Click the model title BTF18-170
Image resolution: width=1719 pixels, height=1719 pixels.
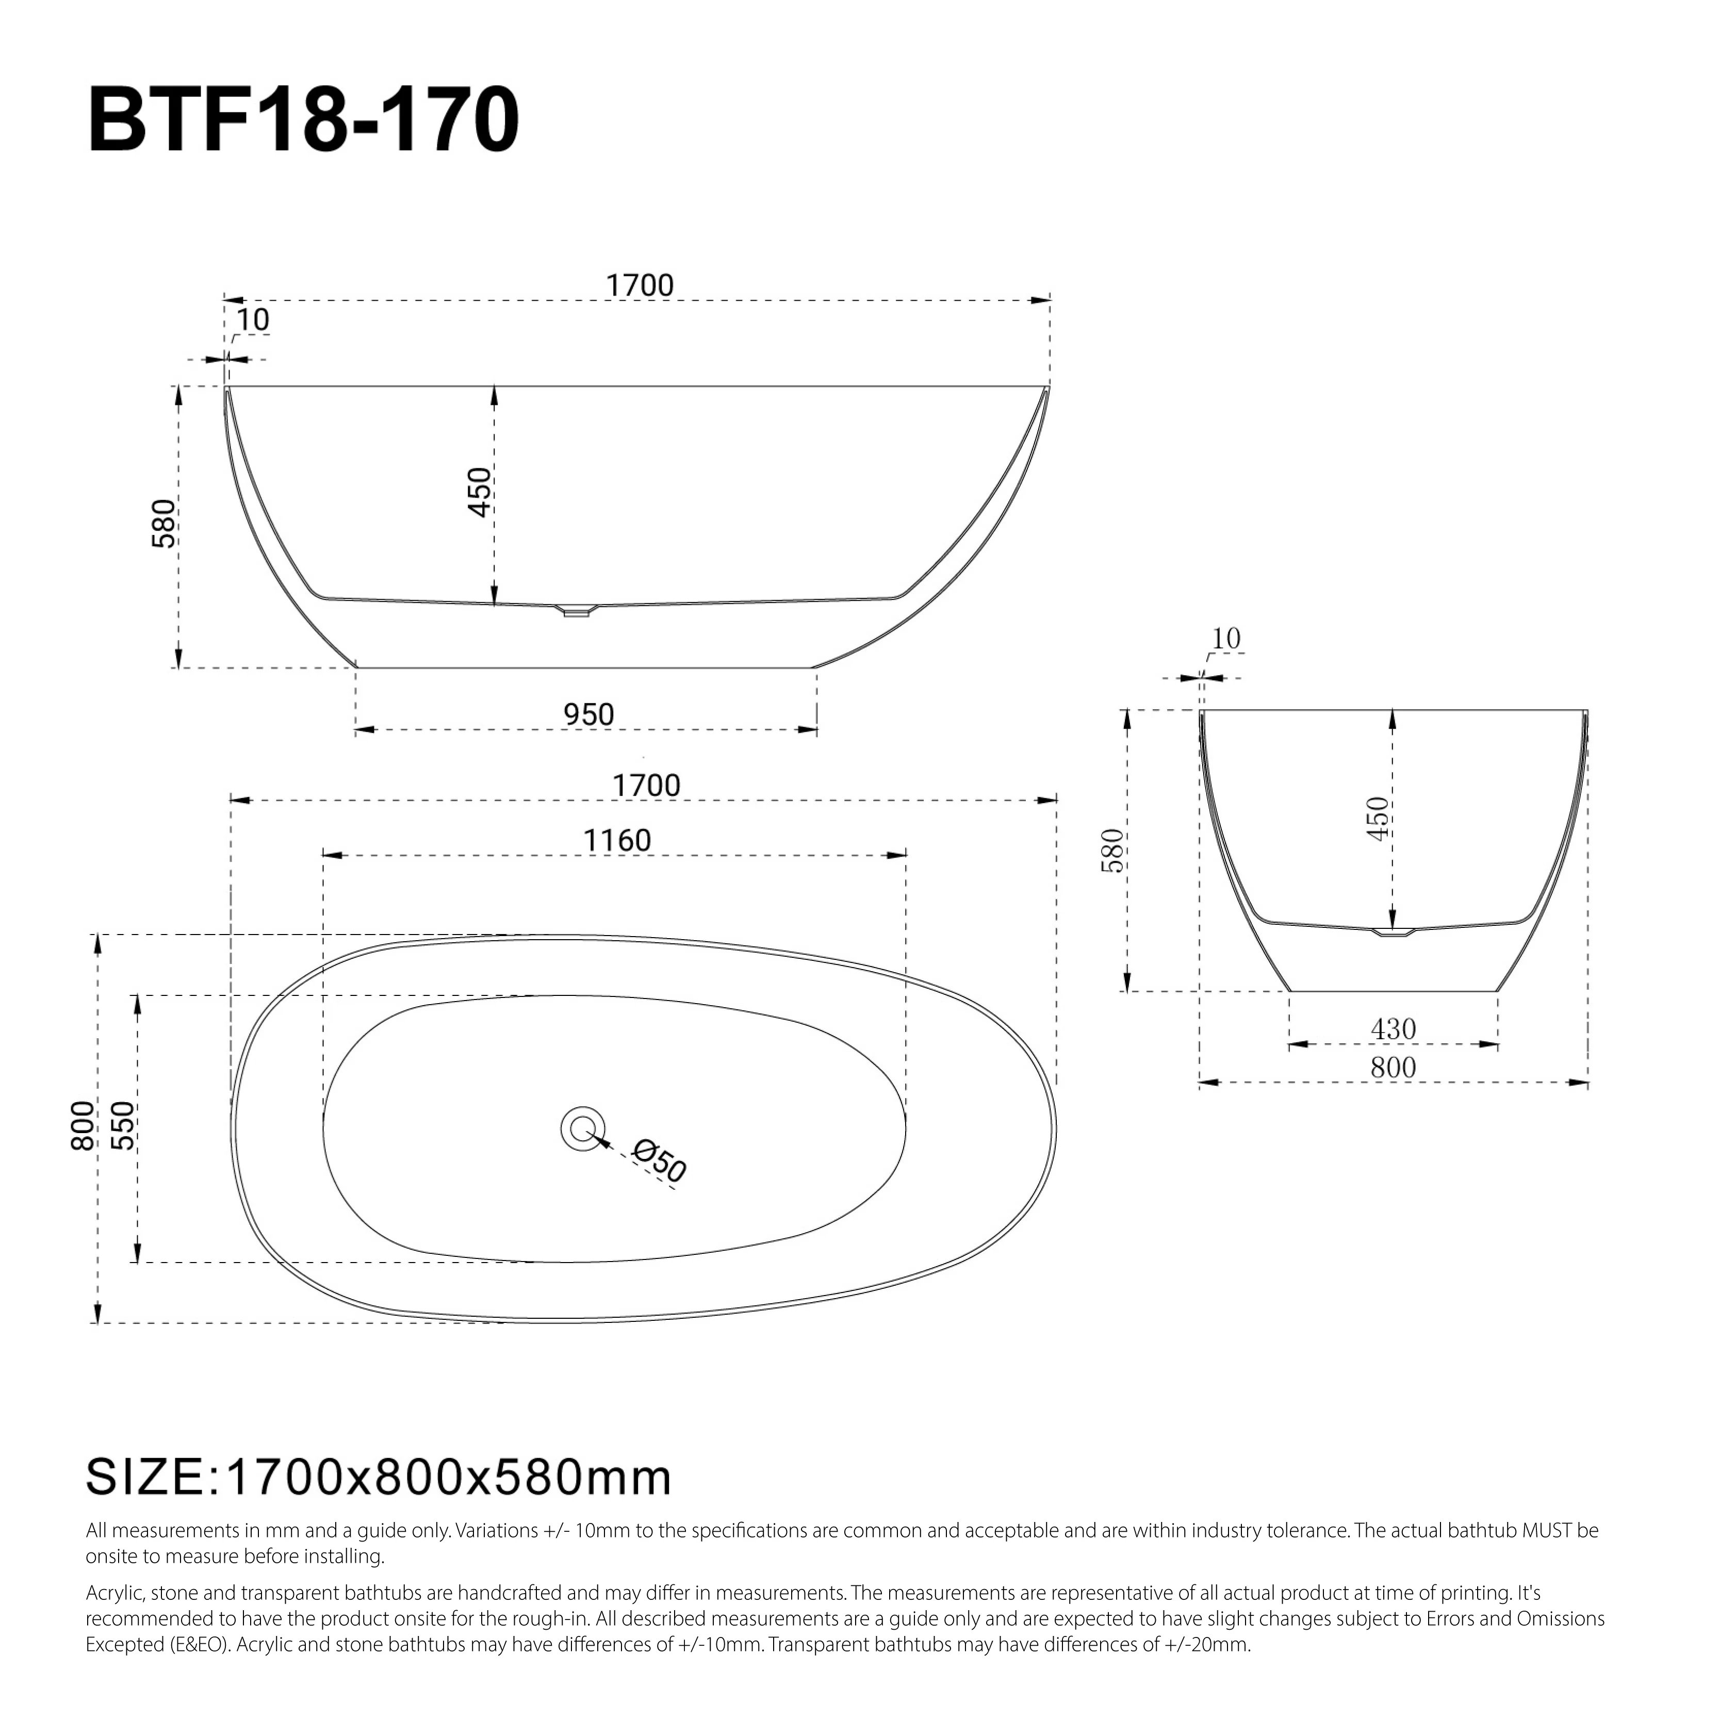[303, 121]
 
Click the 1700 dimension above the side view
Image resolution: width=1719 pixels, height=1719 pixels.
[639, 286]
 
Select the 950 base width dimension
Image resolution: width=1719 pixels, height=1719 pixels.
[588, 714]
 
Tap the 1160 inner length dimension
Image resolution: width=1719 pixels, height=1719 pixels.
[617, 840]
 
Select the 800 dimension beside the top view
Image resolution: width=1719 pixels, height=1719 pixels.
[83, 1125]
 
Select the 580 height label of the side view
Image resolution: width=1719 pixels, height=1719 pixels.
[165, 524]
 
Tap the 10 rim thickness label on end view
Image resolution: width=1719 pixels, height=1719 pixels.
[1226, 639]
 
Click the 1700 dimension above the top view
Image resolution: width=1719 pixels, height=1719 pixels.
[646, 785]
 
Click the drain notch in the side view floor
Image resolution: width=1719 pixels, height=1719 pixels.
[577, 610]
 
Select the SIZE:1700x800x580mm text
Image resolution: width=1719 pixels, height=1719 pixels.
[378, 1478]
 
